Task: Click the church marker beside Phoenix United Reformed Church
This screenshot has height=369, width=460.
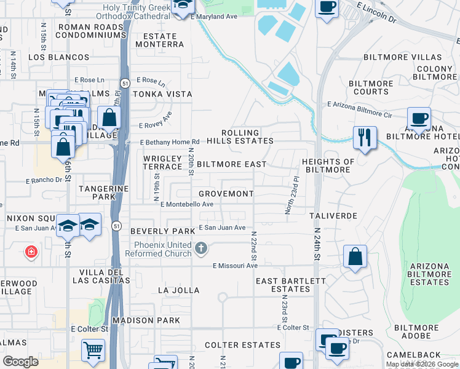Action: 200,248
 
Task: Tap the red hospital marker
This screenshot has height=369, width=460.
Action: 31,252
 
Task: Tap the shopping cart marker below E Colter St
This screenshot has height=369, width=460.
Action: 93,350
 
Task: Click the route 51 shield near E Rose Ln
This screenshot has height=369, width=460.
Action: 125,82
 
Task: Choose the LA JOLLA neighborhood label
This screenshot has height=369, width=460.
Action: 178,290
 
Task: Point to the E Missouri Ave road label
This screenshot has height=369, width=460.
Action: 235,266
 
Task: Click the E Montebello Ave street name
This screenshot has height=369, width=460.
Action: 186,205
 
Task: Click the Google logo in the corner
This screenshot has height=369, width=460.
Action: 20,362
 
